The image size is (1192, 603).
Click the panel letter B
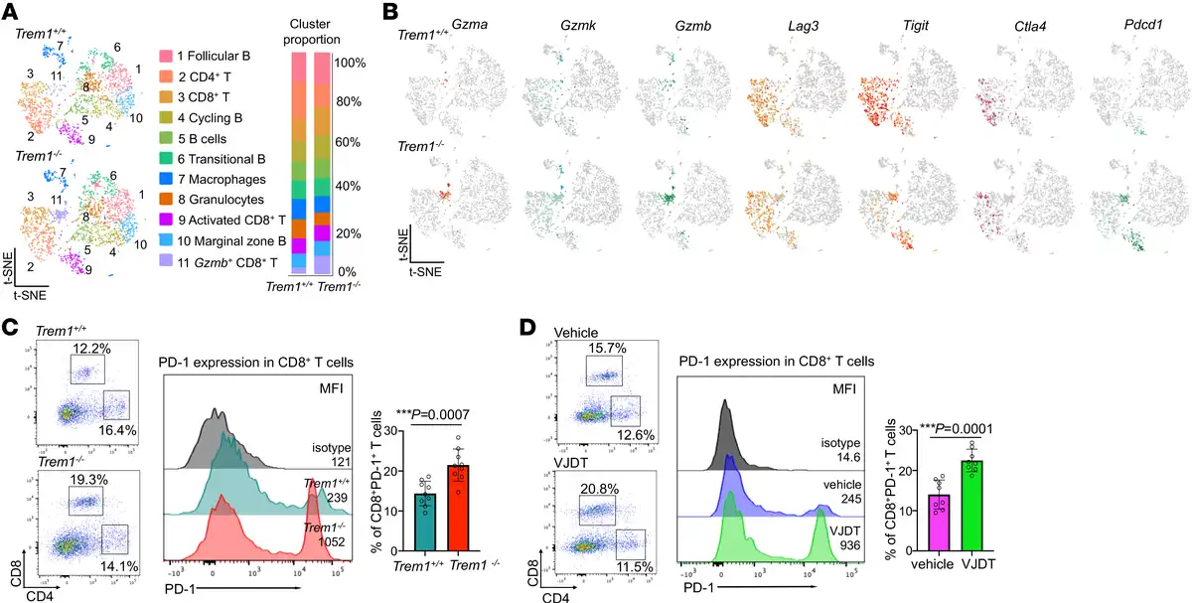[x=391, y=13]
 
